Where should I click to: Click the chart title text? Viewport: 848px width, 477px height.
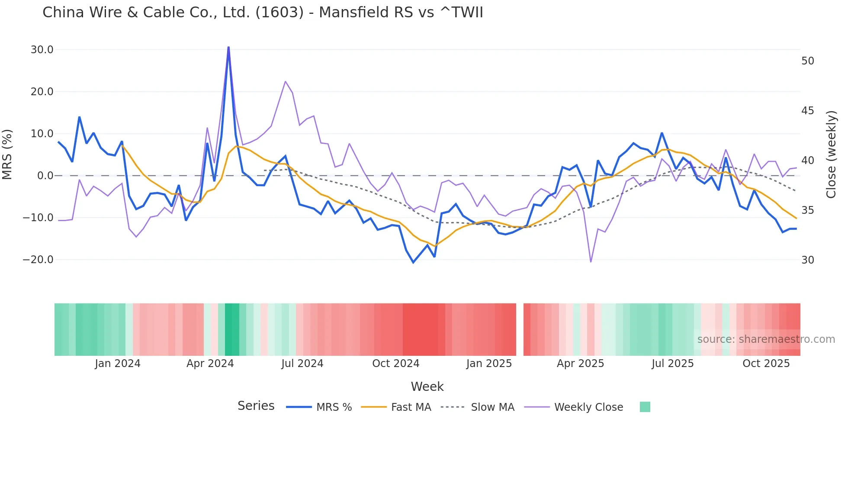pyautogui.click(x=263, y=13)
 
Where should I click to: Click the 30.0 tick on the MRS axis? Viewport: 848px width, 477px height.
pyautogui.click(x=42, y=50)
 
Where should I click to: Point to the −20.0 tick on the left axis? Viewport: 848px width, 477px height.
pyautogui.click(x=38, y=260)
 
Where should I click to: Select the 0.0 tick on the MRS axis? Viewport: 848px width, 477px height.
pyautogui.click(x=45, y=176)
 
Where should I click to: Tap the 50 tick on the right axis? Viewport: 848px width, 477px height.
pyautogui.click(x=808, y=61)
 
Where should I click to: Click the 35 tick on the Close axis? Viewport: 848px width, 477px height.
pyautogui.click(x=808, y=210)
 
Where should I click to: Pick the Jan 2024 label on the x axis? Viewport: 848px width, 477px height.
pyautogui.click(x=118, y=364)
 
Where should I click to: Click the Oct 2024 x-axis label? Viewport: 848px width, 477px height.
pyautogui.click(x=396, y=364)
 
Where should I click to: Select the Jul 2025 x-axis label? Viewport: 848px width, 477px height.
pyautogui.click(x=673, y=364)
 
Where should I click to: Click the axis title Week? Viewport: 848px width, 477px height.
pyautogui.click(x=427, y=387)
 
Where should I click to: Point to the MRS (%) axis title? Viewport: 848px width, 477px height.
pyautogui.click(x=7, y=155)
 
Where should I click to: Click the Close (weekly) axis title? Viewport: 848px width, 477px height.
pyautogui.click(x=831, y=155)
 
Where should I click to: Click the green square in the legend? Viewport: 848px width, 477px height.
pyautogui.click(x=645, y=407)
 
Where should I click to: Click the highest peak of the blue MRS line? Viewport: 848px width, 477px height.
pyautogui.click(x=228, y=47)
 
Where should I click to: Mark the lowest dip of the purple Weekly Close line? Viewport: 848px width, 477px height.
pyautogui.click(x=591, y=261)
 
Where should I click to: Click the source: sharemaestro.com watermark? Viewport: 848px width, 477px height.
pyautogui.click(x=766, y=339)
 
